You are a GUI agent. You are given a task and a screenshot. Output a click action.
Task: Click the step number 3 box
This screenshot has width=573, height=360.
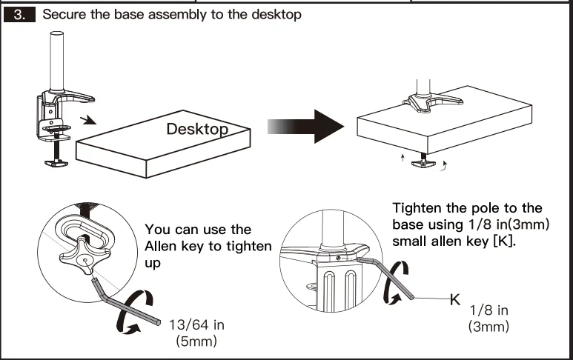pos(19,16)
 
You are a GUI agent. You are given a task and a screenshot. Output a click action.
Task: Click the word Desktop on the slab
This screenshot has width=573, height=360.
pos(196,129)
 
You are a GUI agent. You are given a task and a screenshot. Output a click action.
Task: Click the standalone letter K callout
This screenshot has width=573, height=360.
pos(454,299)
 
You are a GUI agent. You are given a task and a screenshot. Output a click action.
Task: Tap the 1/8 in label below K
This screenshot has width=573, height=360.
pos(488,310)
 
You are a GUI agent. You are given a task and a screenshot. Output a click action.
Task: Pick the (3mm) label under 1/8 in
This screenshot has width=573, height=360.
pos(488,326)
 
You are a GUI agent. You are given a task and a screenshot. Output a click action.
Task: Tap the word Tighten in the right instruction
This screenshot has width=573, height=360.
pos(417,208)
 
